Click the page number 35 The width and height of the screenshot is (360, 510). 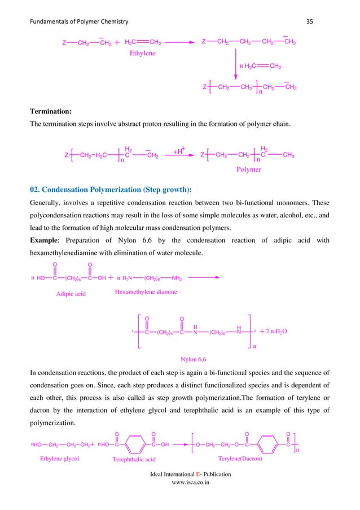(x=309, y=21)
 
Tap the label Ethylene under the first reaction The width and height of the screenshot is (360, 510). (x=142, y=54)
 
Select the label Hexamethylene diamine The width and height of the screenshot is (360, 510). (x=146, y=291)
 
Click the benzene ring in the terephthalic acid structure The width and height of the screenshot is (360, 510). (x=135, y=443)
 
